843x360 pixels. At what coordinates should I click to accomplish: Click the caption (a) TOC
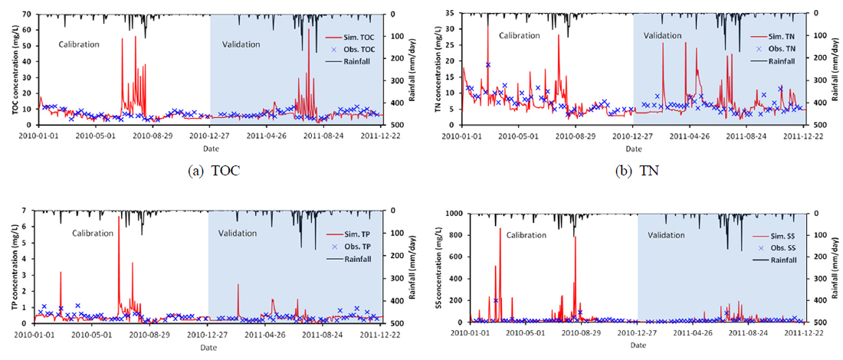214,171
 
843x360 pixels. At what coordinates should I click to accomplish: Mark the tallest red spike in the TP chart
119,218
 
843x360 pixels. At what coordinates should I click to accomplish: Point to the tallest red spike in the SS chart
500,228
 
